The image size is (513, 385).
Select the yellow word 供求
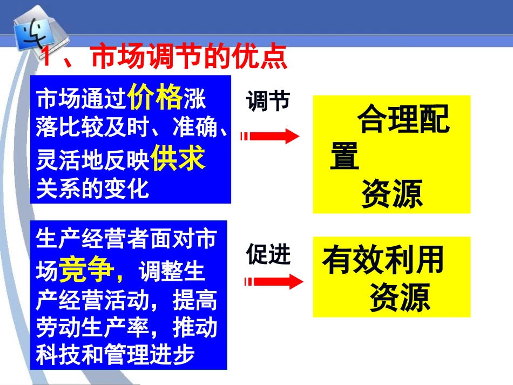(178, 159)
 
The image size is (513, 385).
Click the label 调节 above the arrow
(268, 101)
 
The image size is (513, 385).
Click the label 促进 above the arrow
(268, 254)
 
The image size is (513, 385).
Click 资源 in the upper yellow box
(391, 194)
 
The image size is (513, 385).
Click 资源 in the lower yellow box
(400, 297)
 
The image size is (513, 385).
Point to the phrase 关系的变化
(92, 188)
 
